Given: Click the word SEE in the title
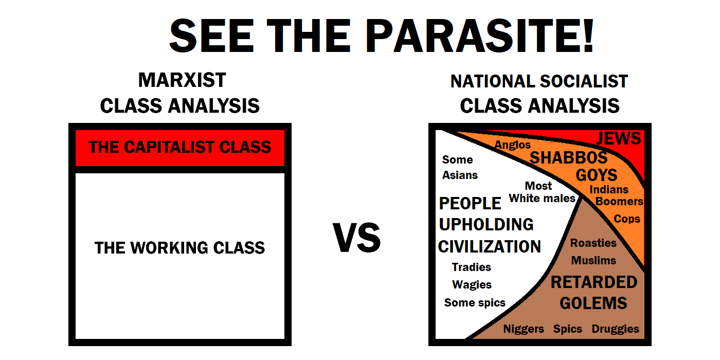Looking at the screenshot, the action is point(212,35).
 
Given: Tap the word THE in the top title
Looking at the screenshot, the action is point(309,35).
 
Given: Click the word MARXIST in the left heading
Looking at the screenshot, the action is point(182,80).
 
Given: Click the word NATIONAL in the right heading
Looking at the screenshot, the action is point(493,81).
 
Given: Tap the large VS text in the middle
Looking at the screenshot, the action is point(357,238).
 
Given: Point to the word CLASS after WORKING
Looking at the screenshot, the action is point(239,248).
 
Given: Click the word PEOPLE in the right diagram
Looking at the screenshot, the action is point(470,204).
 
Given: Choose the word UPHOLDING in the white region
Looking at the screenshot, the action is point(486,225).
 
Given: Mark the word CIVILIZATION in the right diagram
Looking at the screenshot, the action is point(489,247).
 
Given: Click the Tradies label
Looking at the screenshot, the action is point(472,267).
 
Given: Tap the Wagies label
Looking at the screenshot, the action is point(472,285).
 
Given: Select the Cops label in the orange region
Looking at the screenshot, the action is point(627,219).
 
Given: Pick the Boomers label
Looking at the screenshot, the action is point(619,202).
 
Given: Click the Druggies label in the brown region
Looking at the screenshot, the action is point(615,329).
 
